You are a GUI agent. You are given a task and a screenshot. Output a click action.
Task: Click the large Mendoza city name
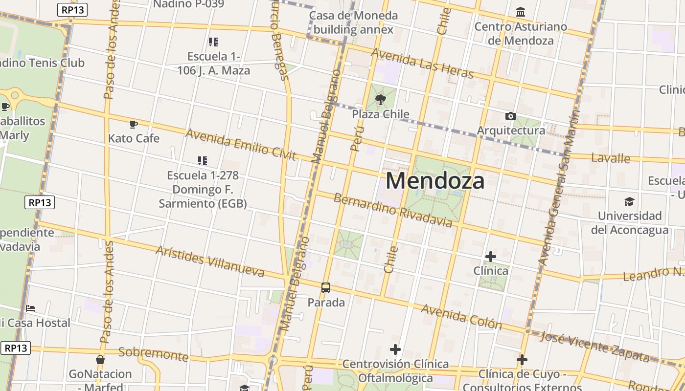(435, 181)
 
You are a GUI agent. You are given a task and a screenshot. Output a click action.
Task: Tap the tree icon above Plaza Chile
(380, 100)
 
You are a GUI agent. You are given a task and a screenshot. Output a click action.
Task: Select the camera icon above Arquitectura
(510, 116)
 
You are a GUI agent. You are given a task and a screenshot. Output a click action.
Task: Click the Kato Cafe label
(134, 138)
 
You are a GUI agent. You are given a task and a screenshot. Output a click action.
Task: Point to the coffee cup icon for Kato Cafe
(133, 124)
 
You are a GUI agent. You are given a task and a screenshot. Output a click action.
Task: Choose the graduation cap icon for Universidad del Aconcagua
(629, 201)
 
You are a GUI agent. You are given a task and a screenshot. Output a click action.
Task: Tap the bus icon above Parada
(326, 288)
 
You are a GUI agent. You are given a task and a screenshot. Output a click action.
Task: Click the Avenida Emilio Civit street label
(241, 145)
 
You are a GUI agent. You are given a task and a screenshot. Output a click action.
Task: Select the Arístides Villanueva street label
(210, 261)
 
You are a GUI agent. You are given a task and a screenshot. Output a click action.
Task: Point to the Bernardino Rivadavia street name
(393, 210)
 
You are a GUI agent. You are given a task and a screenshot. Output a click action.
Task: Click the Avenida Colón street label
(461, 317)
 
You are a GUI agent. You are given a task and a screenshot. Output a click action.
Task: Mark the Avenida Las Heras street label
(423, 63)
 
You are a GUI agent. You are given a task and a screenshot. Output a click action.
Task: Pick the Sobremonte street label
(153, 354)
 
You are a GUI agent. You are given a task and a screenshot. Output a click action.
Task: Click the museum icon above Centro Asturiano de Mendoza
(521, 12)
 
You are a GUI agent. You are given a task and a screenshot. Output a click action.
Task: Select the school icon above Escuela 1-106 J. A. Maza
(213, 42)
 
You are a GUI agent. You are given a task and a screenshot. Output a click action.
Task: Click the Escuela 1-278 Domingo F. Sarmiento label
(203, 189)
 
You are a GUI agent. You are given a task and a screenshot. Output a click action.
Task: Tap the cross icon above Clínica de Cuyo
(522, 360)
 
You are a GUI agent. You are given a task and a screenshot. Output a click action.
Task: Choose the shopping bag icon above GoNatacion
(100, 360)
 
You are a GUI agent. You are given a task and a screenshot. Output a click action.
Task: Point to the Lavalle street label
(611, 158)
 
